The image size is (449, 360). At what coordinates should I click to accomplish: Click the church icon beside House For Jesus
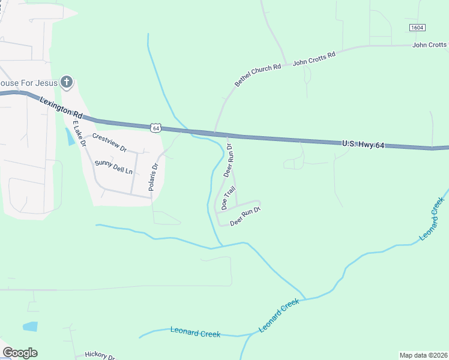67,82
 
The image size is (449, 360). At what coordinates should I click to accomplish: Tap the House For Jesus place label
28,82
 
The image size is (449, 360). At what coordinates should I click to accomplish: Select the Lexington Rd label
61,107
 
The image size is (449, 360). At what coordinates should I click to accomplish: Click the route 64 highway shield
156,128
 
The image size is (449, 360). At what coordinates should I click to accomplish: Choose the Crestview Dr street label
109,143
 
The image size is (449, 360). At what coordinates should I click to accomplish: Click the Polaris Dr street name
153,178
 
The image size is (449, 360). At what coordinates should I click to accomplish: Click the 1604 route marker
417,28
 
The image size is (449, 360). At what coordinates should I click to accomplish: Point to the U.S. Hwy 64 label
363,144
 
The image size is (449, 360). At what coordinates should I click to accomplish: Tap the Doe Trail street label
229,197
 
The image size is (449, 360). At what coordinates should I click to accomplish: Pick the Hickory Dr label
99,356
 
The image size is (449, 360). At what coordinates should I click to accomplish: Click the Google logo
20,353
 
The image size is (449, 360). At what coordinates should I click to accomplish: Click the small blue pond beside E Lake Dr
71,137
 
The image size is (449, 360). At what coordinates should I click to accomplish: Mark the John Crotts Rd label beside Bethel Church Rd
313,59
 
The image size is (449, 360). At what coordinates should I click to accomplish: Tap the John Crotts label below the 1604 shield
430,45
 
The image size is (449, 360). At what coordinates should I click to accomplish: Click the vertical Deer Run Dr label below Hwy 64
228,160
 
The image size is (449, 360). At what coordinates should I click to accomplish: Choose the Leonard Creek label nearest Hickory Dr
195,332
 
